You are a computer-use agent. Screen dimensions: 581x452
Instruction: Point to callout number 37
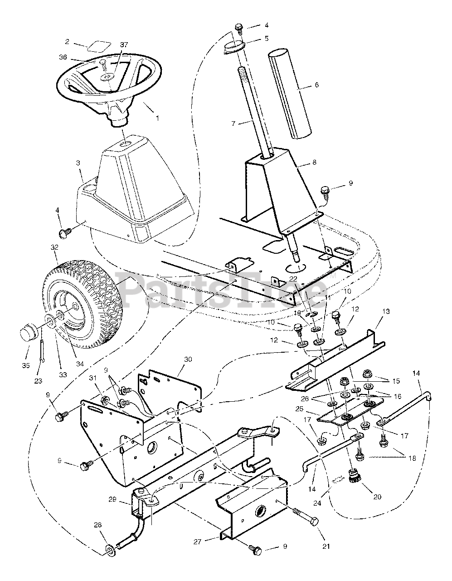coord(112,44)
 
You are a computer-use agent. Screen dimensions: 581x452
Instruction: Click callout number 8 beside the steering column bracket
coord(314,162)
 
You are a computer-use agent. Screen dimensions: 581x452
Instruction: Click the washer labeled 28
coord(109,552)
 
